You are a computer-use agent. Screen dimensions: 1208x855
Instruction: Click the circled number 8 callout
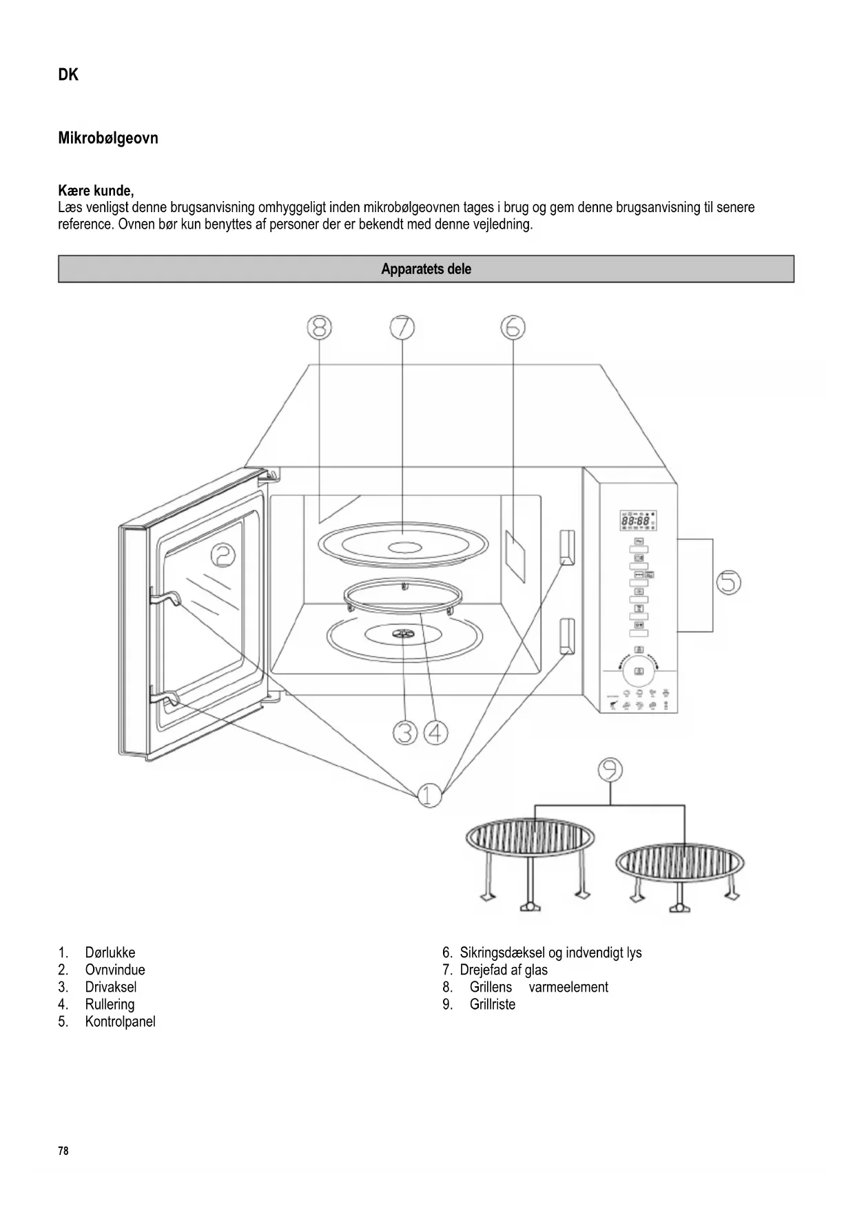tap(319, 328)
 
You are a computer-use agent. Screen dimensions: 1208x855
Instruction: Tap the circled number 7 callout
tap(402, 328)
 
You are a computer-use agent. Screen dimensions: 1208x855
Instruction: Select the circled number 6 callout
tap(513, 328)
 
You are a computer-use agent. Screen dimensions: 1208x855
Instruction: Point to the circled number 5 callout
tap(728, 583)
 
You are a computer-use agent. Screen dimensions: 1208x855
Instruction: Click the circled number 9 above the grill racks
tap(610, 769)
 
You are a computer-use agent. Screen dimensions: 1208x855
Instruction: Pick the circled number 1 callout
tap(429, 795)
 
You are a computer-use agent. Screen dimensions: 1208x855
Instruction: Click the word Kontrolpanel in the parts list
tap(120, 1021)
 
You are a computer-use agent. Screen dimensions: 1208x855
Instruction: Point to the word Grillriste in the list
tap(492, 1004)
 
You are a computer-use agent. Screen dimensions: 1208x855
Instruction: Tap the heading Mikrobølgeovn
tap(108, 138)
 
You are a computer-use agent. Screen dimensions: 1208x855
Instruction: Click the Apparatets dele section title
tap(426, 269)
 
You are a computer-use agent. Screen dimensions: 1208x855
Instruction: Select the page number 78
tap(63, 1151)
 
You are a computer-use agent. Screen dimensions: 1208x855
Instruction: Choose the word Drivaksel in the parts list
tap(111, 987)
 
